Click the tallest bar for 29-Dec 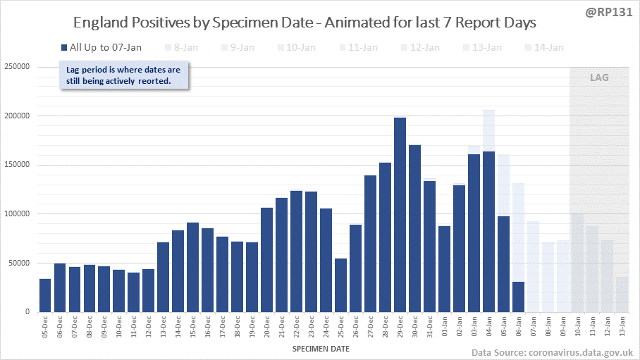click(x=400, y=214)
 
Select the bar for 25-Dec click(x=340, y=285)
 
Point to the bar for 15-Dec click(x=192, y=267)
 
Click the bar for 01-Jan click(x=444, y=268)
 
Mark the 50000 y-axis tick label click(x=19, y=263)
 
